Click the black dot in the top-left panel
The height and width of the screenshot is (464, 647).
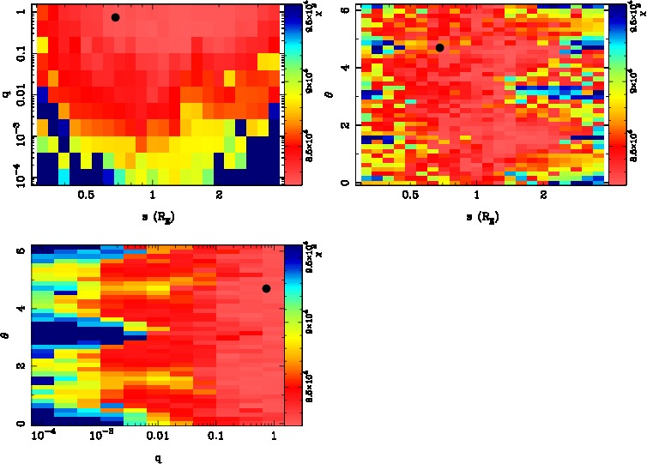(x=115, y=17)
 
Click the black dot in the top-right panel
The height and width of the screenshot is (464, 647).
(x=439, y=48)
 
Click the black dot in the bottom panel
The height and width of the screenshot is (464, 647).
(x=266, y=288)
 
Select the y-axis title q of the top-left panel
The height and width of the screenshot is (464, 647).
(x=6, y=94)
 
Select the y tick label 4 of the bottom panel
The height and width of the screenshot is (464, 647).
(x=20, y=309)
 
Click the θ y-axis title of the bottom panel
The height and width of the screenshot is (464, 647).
(x=7, y=334)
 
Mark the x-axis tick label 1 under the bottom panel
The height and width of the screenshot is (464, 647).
(x=274, y=437)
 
